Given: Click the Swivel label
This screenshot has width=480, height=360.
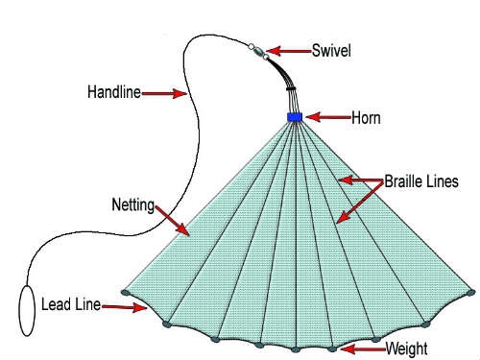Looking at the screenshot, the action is pos(331,51).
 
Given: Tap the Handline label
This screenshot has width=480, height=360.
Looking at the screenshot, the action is pos(114,92).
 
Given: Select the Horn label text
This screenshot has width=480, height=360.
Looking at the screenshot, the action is pos(366,118).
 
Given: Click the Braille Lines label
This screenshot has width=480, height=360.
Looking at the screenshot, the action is pos(421,181).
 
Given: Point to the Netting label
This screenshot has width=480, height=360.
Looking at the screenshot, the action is pos(133,205).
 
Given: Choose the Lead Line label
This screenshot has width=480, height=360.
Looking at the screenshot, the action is pos(71,304).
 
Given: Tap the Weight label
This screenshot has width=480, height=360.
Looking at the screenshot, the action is pos(406,348).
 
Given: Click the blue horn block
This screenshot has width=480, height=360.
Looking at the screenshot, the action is pos(295,117).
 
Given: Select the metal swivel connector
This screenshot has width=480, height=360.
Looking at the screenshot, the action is pos(258,52).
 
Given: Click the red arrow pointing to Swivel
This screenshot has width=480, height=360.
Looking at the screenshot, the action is pos(289,51).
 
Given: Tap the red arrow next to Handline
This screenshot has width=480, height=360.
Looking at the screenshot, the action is pos(164,93).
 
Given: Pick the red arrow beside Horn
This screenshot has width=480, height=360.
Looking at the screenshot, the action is pos(328,117).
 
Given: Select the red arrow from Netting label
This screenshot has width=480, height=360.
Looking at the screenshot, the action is pos(173,221).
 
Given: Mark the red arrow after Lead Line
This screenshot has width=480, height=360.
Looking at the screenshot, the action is pos(125,307).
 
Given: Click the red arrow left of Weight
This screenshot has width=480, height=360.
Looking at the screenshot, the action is pos(363,348).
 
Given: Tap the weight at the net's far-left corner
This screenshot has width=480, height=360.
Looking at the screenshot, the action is pos(126,292).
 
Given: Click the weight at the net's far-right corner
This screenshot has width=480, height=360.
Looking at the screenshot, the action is pos(471,293).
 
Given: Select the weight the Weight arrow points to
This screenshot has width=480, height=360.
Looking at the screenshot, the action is pos(332,349).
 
